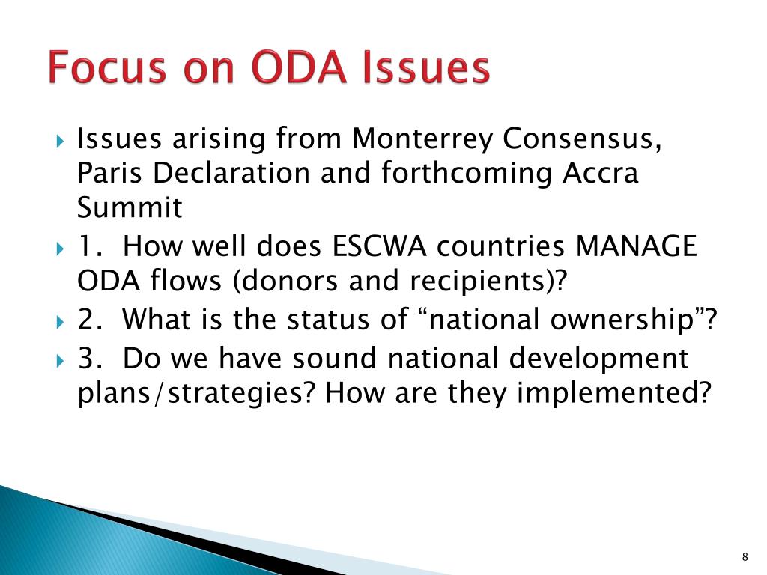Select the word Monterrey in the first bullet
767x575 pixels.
[x=422, y=139]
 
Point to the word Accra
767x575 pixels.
[x=600, y=173]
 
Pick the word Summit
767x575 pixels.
[x=130, y=207]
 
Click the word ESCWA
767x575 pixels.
[x=379, y=246]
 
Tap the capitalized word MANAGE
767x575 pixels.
[x=636, y=246]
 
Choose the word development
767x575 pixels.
[x=598, y=359]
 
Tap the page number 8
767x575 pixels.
[x=745, y=556]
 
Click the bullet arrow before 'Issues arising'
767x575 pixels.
[x=60, y=142]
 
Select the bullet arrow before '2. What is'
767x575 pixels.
[x=60, y=323]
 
